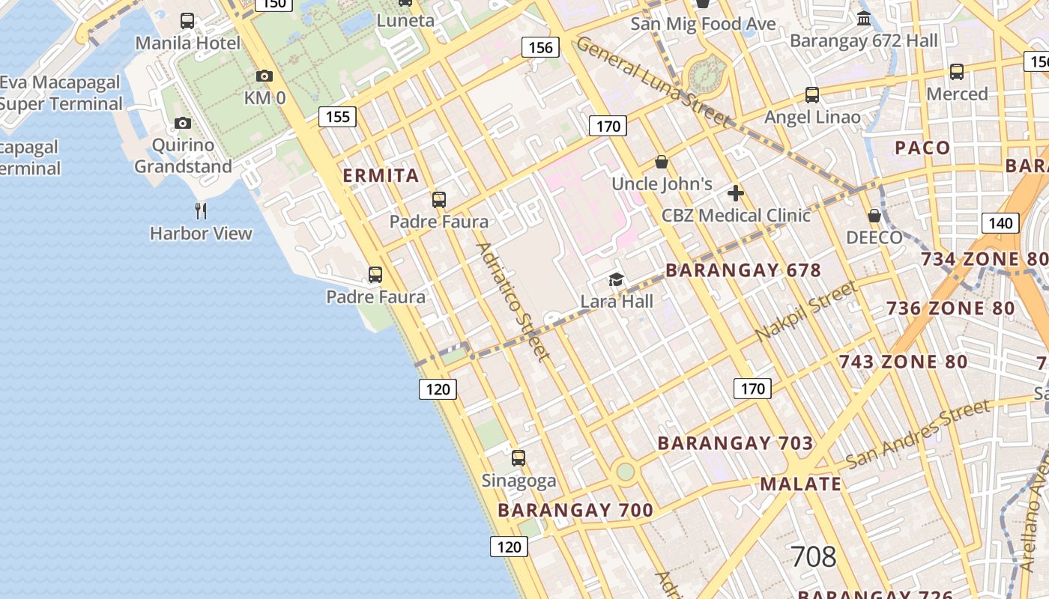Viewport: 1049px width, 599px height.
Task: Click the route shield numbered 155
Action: tap(337, 117)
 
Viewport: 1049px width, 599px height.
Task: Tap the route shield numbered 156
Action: tap(540, 48)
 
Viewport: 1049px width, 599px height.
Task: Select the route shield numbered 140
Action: tap(1000, 222)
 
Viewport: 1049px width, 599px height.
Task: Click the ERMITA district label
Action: tap(381, 176)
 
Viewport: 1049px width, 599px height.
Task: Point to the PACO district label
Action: tap(922, 148)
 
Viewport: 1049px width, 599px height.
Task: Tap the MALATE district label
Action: tap(801, 484)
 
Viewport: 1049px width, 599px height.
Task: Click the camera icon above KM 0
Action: tap(264, 76)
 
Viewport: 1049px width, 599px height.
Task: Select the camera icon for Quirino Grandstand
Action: tap(183, 123)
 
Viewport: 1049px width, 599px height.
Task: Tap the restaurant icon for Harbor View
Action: tap(200, 210)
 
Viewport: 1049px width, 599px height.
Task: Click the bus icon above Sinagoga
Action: tap(519, 457)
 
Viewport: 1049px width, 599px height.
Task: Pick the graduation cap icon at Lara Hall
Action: tap(616, 279)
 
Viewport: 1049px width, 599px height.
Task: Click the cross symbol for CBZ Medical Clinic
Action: tap(736, 193)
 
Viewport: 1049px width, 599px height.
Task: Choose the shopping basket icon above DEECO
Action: tap(874, 216)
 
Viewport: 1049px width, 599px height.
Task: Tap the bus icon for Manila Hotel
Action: tap(187, 21)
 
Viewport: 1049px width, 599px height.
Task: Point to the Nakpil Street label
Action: tap(805, 311)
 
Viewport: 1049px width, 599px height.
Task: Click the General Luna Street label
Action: tap(652, 82)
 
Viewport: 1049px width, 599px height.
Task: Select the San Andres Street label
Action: tap(917, 434)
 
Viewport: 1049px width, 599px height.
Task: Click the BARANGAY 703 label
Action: tap(735, 443)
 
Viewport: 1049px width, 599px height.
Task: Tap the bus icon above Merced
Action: tap(957, 72)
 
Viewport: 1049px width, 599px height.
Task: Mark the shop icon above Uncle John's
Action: tap(662, 162)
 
